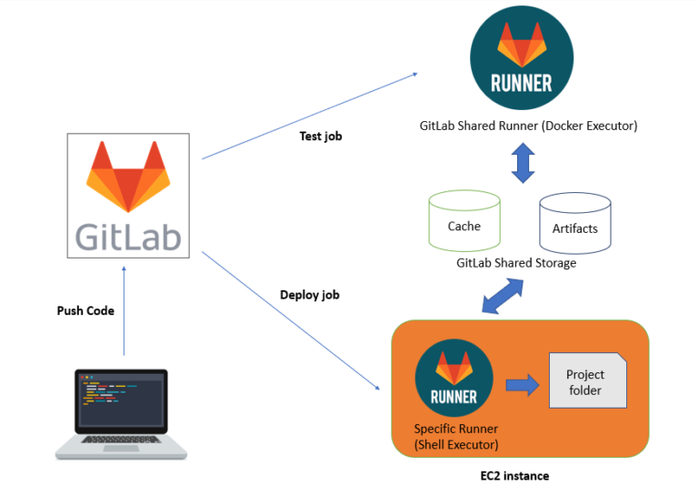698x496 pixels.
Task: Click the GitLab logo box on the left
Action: coord(128,196)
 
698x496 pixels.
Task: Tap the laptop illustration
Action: coord(121,415)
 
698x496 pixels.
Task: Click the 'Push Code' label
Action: coord(85,310)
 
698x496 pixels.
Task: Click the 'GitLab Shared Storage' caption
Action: coord(516,263)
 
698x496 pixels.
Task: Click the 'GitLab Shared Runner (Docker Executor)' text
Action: coord(528,126)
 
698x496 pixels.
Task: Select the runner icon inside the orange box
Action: coord(454,377)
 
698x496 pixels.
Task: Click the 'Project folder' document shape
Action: coord(587,380)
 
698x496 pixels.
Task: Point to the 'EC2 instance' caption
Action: coord(514,476)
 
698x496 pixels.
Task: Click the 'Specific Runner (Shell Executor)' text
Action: coord(456,436)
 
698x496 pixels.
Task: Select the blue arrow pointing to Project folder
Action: coord(521,384)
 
